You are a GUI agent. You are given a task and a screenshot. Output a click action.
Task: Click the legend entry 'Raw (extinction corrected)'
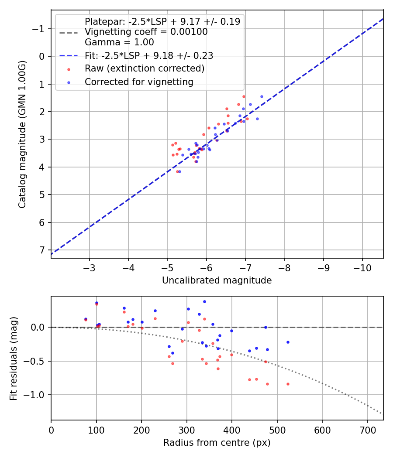(x=145, y=68)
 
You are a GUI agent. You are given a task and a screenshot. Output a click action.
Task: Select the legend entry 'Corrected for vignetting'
(x=139, y=82)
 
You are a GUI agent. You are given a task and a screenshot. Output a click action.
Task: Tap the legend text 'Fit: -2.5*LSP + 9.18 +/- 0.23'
(x=149, y=55)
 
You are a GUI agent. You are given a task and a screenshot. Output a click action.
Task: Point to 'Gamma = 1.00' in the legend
(x=119, y=42)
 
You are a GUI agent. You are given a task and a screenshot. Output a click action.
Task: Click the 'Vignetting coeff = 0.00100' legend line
(x=146, y=32)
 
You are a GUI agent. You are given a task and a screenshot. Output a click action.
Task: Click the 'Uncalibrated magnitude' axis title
(x=217, y=280)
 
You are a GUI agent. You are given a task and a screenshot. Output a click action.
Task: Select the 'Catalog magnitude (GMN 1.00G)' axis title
(x=23, y=134)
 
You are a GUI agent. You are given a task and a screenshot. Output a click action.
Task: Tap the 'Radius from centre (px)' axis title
(x=217, y=443)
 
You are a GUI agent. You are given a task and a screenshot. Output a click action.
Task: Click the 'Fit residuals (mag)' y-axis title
(x=13, y=358)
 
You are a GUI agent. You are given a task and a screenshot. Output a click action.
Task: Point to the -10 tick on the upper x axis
(x=362, y=267)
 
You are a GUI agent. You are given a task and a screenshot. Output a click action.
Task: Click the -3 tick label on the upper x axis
(x=90, y=267)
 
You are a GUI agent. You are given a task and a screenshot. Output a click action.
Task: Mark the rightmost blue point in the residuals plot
(x=288, y=342)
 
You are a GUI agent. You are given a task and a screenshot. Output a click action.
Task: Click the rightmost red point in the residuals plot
(x=288, y=384)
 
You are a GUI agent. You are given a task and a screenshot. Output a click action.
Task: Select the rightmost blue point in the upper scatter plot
(x=262, y=96)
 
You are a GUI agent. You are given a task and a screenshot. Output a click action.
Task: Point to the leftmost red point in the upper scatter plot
(x=172, y=145)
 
